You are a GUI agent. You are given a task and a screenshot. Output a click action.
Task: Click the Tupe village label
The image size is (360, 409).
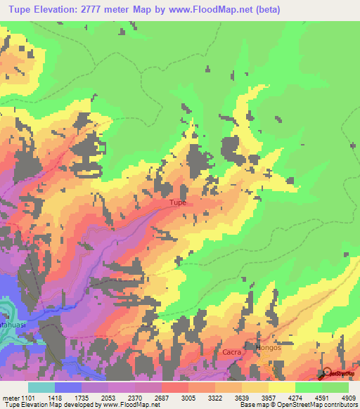click(x=177, y=203)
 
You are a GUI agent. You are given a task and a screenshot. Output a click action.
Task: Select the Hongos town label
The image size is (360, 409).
click(x=269, y=347)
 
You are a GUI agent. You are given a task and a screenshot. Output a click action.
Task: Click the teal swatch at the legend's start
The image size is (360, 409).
click(x=41, y=387)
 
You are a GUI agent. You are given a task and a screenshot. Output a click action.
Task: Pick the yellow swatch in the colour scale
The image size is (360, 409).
click(x=282, y=387)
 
